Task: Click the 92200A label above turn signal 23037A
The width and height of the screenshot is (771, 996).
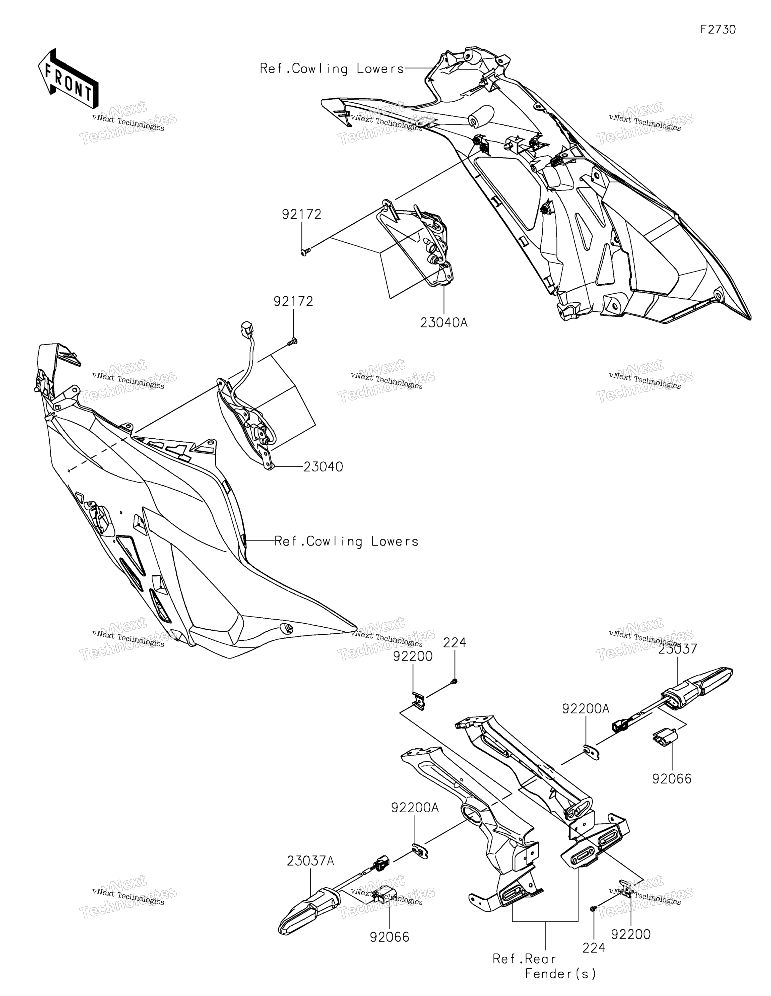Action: click(415, 808)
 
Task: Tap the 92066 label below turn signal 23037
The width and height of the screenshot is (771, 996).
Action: click(672, 778)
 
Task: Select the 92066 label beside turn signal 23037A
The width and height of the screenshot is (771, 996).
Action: click(390, 937)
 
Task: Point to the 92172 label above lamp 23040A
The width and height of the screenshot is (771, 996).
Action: click(302, 214)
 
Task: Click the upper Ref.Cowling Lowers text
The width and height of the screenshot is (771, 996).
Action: click(332, 69)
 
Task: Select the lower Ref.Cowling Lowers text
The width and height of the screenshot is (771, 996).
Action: click(347, 541)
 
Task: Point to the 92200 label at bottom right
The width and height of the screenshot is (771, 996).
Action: click(631, 935)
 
